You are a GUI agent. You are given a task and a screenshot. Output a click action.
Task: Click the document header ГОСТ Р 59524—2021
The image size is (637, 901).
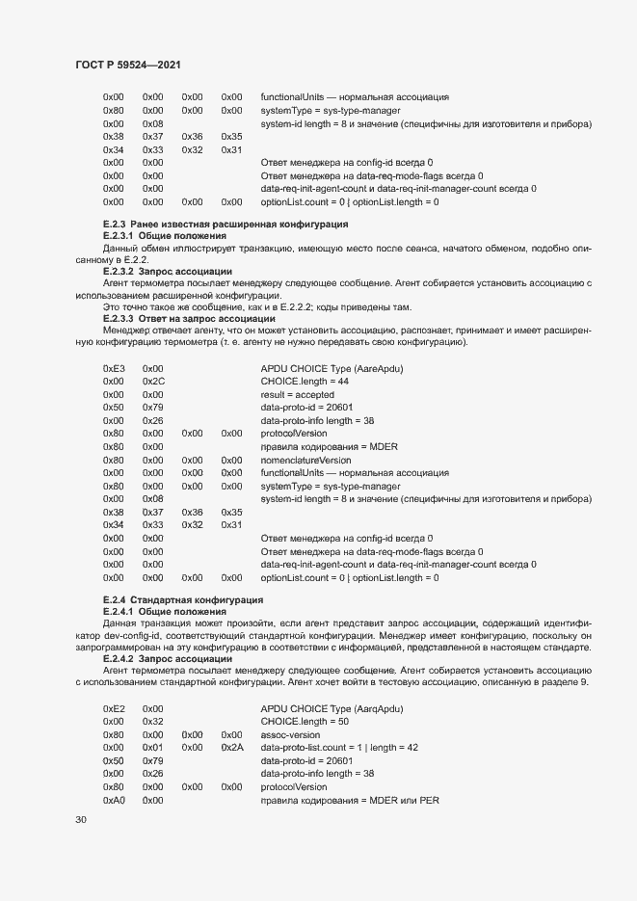[x=128, y=65]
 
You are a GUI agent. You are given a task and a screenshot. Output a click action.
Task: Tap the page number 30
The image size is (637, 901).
[x=81, y=820]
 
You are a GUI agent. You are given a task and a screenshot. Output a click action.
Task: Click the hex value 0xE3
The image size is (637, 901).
[x=114, y=368]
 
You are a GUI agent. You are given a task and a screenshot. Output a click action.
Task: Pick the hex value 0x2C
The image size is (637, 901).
[x=153, y=382]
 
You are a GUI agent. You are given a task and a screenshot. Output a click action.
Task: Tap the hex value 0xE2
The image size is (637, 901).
[x=114, y=708]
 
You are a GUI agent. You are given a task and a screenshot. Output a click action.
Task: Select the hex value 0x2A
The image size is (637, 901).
[x=232, y=747]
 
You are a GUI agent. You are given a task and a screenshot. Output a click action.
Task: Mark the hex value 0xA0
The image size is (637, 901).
[x=114, y=800]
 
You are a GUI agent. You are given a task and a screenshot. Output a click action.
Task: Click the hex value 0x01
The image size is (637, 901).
[x=153, y=747]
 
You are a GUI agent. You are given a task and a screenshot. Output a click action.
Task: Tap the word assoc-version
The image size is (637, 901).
[x=290, y=734]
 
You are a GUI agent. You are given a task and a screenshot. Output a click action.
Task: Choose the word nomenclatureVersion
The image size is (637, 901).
[x=305, y=461]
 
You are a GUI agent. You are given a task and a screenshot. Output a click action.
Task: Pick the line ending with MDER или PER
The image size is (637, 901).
[x=350, y=800]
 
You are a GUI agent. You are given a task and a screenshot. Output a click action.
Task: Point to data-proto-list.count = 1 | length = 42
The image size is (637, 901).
[x=339, y=747]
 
